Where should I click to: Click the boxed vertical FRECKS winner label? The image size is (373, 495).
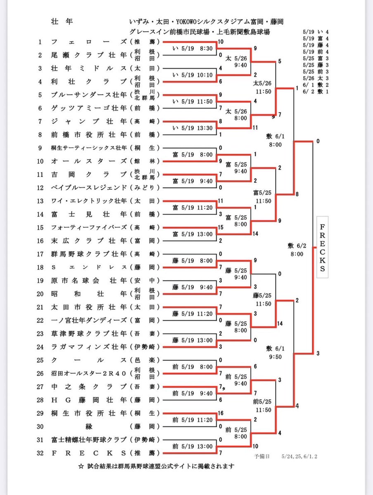(x=322, y=247)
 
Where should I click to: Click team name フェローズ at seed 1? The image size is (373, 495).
(x=89, y=42)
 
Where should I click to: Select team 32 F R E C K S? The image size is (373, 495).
(x=88, y=453)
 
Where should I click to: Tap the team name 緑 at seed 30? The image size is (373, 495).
(x=89, y=427)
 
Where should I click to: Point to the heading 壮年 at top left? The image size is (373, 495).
(x=62, y=21)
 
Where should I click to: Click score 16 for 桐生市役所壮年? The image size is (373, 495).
(x=221, y=413)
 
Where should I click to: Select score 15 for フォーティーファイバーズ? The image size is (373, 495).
(x=221, y=227)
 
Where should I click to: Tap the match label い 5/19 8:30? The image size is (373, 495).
(x=192, y=49)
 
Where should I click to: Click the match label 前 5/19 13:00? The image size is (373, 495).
(x=192, y=446)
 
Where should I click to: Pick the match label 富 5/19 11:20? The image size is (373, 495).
(x=192, y=208)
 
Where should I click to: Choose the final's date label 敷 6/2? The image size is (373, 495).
(x=297, y=246)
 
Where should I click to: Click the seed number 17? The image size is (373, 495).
(x=40, y=254)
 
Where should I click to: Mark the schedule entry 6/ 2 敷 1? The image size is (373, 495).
(x=316, y=92)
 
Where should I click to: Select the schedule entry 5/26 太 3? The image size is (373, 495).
(x=316, y=78)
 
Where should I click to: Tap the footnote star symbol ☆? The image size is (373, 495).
(x=81, y=467)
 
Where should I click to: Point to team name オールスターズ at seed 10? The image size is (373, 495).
(x=89, y=161)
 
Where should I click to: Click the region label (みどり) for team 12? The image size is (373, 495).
(x=145, y=188)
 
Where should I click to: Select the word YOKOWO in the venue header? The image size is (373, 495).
(x=187, y=22)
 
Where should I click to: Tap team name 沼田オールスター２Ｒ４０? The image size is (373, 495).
(x=88, y=374)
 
